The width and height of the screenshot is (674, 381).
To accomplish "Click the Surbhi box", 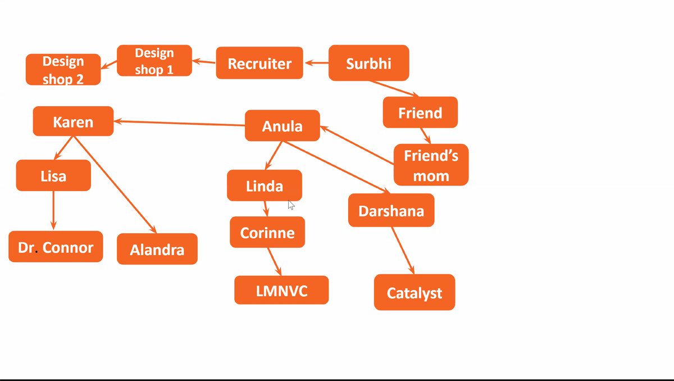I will pyautogui.click(x=368, y=63).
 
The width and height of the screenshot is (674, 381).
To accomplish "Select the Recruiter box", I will pyautogui.click(x=259, y=63).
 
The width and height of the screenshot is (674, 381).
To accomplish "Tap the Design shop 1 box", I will pyautogui.click(x=154, y=61).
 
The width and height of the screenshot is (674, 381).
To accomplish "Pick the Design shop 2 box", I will pyautogui.click(x=63, y=70).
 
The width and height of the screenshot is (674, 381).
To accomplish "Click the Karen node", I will pyautogui.click(x=73, y=121).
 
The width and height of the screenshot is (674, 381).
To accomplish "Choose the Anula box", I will pyautogui.click(x=282, y=126).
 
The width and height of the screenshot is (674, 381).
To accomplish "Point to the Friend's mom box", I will pyautogui.click(x=431, y=165).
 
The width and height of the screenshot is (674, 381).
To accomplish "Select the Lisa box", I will pyautogui.click(x=53, y=175).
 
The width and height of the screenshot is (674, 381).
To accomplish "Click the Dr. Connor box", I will pyautogui.click(x=56, y=247).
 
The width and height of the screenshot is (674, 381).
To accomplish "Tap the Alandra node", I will pyautogui.click(x=157, y=249).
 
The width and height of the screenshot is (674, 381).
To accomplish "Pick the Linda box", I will pyautogui.click(x=264, y=185).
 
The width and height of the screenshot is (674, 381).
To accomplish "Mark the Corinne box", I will pyautogui.click(x=267, y=232).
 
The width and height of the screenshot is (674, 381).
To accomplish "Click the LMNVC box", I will pyautogui.click(x=281, y=290).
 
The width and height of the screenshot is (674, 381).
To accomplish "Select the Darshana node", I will pyautogui.click(x=391, y=211).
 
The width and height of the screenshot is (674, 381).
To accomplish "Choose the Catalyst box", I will pyautogui.click(x=414, y=292).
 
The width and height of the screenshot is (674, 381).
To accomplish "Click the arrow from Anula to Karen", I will pyautogui.click(x=180, y=123).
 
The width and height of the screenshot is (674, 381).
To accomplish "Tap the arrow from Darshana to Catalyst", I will pyautogui.click(x=403, y=250).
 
